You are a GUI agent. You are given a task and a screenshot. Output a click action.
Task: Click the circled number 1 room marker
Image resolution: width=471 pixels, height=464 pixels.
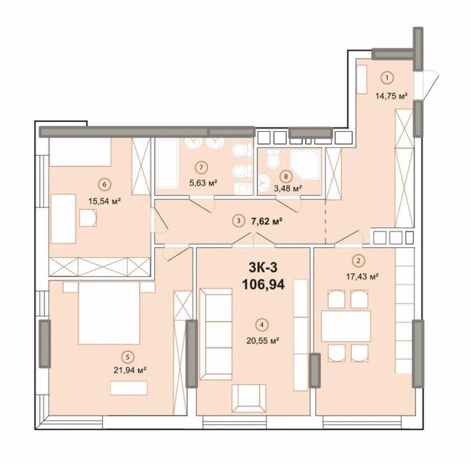[387, 78]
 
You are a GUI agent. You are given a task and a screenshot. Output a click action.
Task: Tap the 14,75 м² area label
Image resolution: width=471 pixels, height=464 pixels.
[391, 96]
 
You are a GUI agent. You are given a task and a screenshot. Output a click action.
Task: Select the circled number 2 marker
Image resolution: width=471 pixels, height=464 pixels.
[358, 261]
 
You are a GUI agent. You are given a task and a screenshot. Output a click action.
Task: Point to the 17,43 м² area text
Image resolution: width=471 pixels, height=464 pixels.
[362, 276]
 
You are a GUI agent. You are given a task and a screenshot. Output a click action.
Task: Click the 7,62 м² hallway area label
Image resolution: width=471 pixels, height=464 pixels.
[266, 221]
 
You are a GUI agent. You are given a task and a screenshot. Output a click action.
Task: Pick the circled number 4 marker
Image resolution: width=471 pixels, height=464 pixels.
[262, 325]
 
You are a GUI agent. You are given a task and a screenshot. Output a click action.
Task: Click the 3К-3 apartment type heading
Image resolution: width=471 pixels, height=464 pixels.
[263, 267]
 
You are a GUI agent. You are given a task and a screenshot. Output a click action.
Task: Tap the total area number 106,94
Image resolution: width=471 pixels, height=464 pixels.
[263, 284]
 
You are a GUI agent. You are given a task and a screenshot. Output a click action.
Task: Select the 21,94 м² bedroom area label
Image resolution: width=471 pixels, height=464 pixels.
[130, 370]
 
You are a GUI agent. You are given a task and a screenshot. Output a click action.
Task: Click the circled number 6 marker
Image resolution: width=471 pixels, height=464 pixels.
[105, 184]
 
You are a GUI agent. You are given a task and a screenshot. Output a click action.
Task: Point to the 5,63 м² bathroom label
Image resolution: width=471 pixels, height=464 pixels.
[203, 182]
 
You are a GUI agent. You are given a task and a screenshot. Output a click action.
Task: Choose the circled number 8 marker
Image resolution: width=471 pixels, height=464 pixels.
[286, 177]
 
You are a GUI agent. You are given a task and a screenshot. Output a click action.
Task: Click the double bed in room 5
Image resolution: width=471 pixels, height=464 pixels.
[109, 313]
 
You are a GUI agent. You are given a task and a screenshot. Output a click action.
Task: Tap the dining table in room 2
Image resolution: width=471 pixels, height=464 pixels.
[346, 326]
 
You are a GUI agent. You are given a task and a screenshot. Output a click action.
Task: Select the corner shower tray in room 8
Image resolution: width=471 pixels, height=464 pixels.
[305, 165]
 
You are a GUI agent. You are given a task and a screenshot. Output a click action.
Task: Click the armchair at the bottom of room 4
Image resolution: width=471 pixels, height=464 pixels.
[249, 398]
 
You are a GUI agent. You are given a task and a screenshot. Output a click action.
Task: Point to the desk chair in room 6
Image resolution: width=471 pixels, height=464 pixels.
[88, 217]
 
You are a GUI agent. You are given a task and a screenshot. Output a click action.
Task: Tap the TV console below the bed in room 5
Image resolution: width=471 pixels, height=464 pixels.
[129, 388]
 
